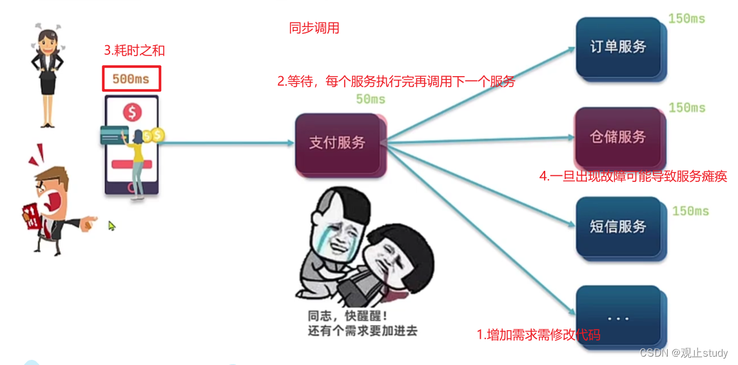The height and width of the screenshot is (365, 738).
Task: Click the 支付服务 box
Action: pyautogui.click(x=337, y=143)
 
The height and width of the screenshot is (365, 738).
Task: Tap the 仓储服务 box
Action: pyautogui.click(x=617, y=137)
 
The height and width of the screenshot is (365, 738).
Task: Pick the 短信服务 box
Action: pyautogui.click(x=617, y=227)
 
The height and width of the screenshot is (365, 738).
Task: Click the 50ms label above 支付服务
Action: pyautogui.click(x=370, y=99)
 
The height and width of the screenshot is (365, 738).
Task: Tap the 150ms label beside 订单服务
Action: pyautogui.click(x=686, y=19)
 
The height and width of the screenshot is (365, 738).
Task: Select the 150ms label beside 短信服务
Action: pyautogui.click(x=690, y=212)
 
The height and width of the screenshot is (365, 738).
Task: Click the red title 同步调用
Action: pyautogui.click(x=314, y=28)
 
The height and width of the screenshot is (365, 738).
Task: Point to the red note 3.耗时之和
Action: pyautogui.click(x=139, y=50)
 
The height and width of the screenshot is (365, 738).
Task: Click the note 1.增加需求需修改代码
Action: pyautogui.click(x=539, y=335)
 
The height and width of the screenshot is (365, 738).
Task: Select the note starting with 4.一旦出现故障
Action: pyautogui.click(x=633, y=176)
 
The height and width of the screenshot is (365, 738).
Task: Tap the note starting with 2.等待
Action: pyautogui.click(x=396, y=82)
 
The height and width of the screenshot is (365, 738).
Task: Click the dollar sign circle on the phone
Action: pyautogui.click(x=132, y=113)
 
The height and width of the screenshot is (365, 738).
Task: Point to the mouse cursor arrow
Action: pyautogui.click(x=112, y=226)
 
